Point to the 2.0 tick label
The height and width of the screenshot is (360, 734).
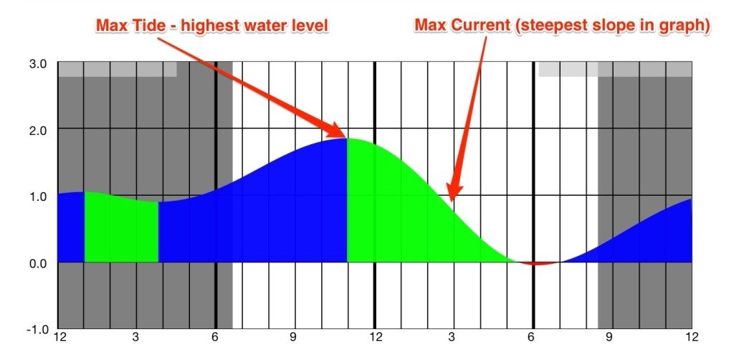pyautogui.click(x=38, y=129)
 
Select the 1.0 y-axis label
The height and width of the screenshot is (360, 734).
pyautogui.click(x=38, y=196)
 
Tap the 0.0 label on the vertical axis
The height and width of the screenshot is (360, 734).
pyautogui.click(x=38, y=262)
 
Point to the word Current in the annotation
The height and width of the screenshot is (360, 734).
pyautogui.click(x=479, y=27)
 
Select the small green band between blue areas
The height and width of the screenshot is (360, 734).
pyautogui.click(x=121, y=228)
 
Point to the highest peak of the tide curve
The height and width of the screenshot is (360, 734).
pyautogui.click(x=348, y=138)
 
